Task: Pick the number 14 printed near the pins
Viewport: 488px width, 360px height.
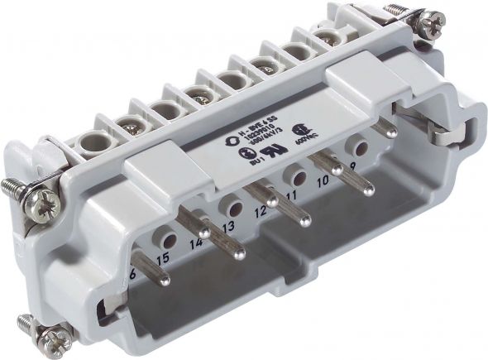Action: coord(196,244)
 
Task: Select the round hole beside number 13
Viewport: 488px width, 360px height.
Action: coord(234,208)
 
